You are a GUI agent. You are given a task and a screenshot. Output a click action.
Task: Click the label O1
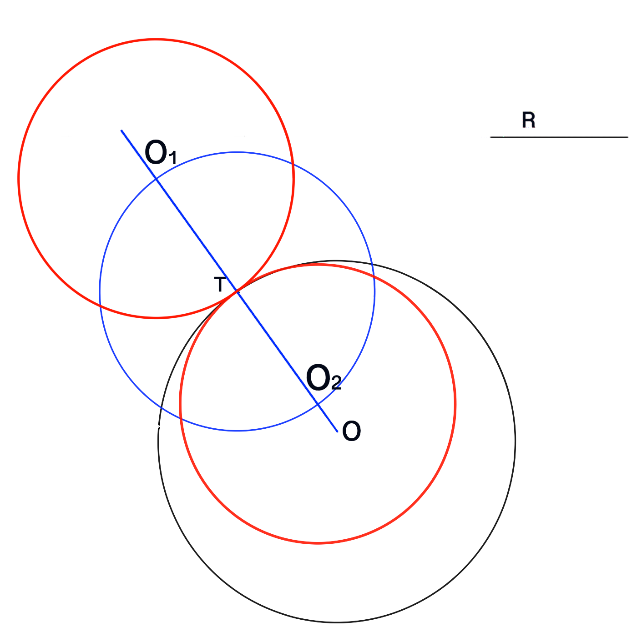click(160, 153)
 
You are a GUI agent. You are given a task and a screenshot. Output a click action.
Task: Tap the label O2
click(324, 378)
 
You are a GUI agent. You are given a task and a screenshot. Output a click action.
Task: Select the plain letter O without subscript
click(351, 431)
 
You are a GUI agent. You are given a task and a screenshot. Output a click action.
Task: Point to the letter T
click(220, 285)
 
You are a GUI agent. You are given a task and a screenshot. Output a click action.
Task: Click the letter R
click(528, 120)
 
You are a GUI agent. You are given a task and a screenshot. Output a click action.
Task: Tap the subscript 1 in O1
click(172, 158)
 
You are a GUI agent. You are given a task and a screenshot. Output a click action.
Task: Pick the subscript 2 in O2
click(336, 384)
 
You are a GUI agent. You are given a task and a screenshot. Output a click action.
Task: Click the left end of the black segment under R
click(491, 137)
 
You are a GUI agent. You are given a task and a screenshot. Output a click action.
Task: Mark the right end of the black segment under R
click(627, 137)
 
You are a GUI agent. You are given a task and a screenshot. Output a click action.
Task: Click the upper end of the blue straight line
click(121, 131)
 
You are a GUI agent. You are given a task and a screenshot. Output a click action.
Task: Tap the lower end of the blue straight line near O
click(337, 431)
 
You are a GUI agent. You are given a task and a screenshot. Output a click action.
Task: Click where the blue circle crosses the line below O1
click(156, 179)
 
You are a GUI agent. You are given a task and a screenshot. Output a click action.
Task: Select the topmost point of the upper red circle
click(156, 40)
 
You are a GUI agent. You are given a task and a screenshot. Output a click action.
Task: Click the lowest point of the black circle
click(337, 622)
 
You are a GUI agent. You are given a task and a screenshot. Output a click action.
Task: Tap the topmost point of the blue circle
click(237, 152)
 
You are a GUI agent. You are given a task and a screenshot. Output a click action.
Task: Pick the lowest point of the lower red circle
click(318, 543)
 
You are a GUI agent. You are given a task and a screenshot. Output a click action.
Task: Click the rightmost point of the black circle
click(515, 441)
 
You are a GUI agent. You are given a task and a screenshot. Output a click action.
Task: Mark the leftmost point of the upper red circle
click(19, 179)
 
